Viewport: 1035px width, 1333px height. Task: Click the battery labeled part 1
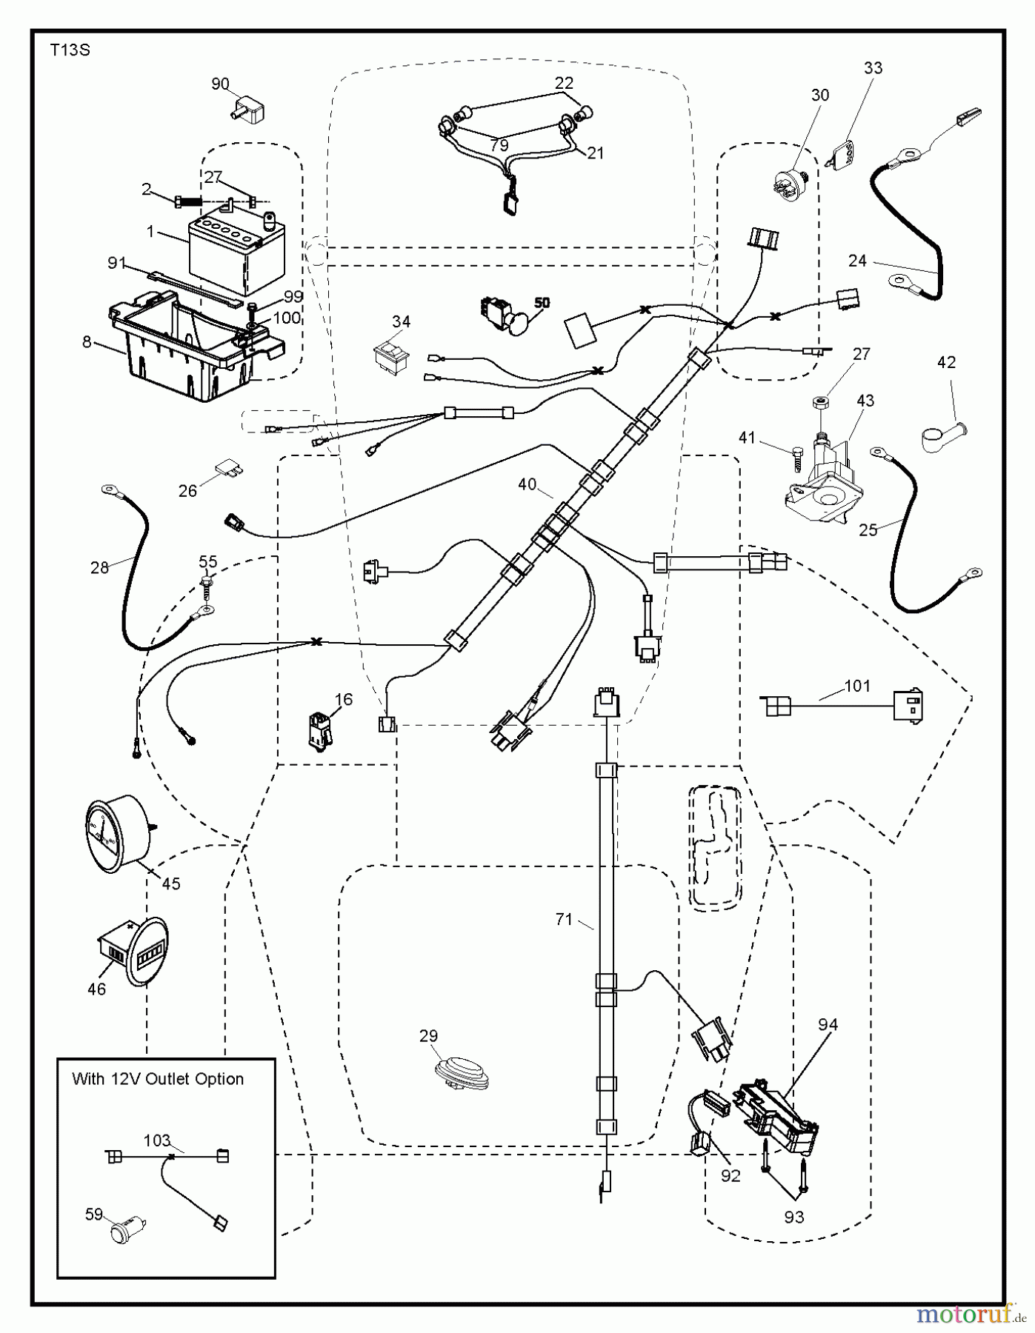tap(225, 253)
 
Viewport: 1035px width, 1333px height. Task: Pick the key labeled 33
tap(842, 155)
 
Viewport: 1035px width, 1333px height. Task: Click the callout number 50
tap(542, 303)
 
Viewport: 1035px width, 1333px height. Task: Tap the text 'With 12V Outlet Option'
tap(158, 1079)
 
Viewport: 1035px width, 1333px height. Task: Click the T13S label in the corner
tap(70, 50)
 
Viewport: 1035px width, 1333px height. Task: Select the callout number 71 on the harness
tap(564, 919)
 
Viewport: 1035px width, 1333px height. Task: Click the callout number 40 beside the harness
tap(527, 484)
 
